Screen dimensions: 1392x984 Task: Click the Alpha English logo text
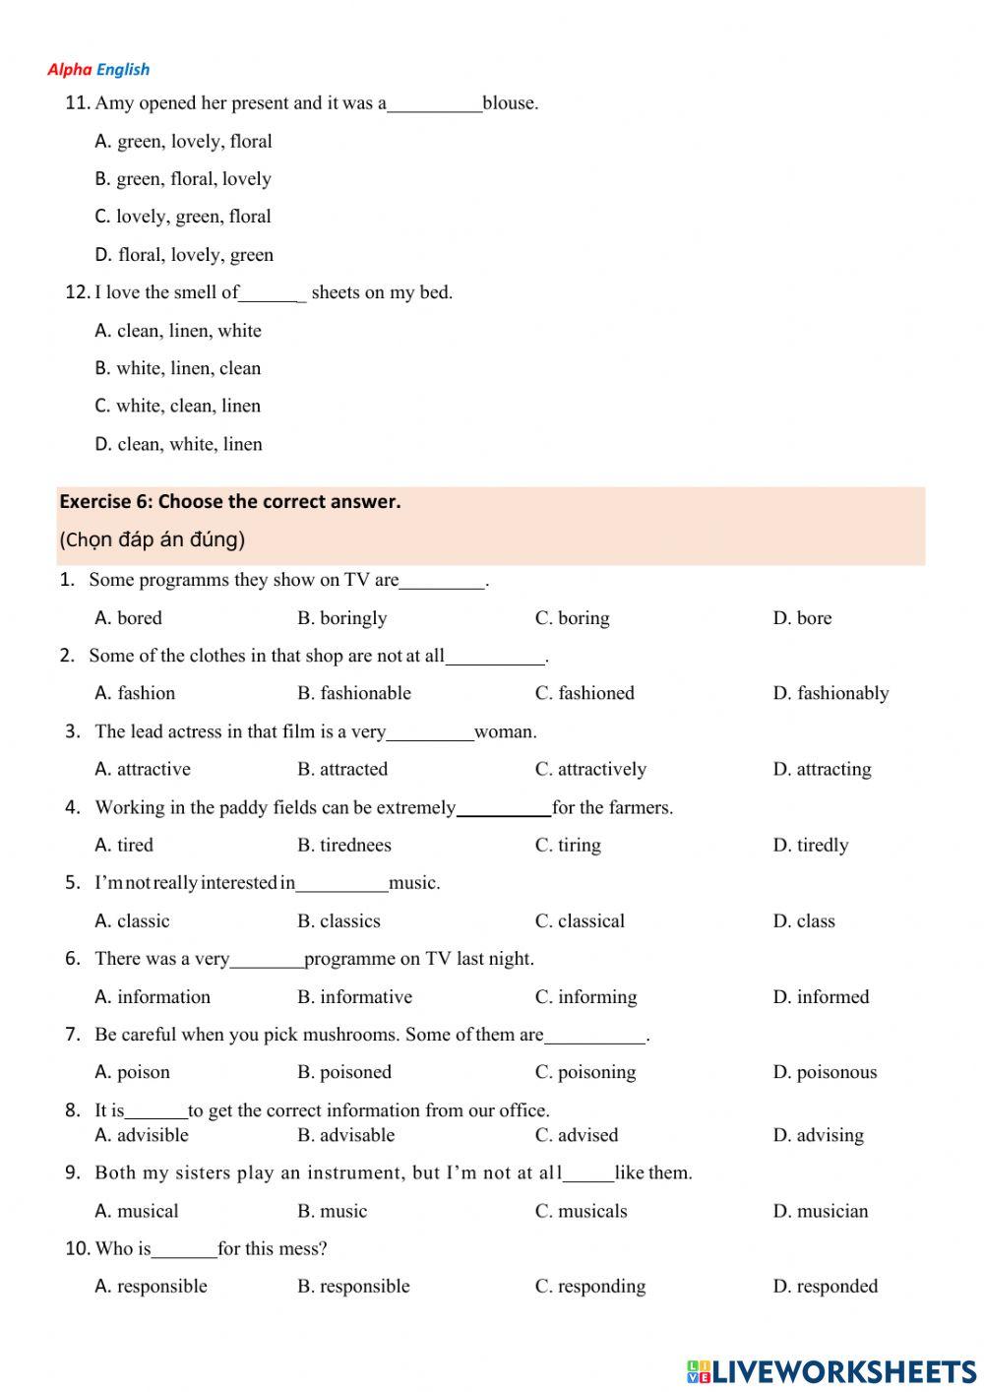click(x=98, y=69)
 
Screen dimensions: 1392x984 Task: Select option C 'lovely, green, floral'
click(x=183, y=217)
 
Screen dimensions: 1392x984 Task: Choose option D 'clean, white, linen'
click(x=179, y=444)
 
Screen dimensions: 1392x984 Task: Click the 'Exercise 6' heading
click(x=230, y=501)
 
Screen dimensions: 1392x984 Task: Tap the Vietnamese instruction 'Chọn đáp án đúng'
click(x=153, y=539)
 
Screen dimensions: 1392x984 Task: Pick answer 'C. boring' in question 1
click(x=572, y=618)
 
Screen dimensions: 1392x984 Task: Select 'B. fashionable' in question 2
click(x=354, y=693)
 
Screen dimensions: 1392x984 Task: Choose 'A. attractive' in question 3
click(x=143, y=769)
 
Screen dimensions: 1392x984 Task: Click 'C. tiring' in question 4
click(x=568, y=845)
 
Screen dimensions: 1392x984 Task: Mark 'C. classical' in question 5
click(x=580, y=921)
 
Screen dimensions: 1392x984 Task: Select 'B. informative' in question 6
click(x=354, y=997)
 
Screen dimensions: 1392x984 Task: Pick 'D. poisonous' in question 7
click(x=825, y=1072)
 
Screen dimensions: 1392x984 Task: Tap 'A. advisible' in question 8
click(x=142, y=1135)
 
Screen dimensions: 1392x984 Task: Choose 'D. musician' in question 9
click(x=821, y=1211)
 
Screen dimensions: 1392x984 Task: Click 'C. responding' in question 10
click(x=590, y=1287)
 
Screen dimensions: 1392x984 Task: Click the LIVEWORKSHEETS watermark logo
click(x=831, y=1371)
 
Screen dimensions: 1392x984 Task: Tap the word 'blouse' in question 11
click(x=509, y=103)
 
